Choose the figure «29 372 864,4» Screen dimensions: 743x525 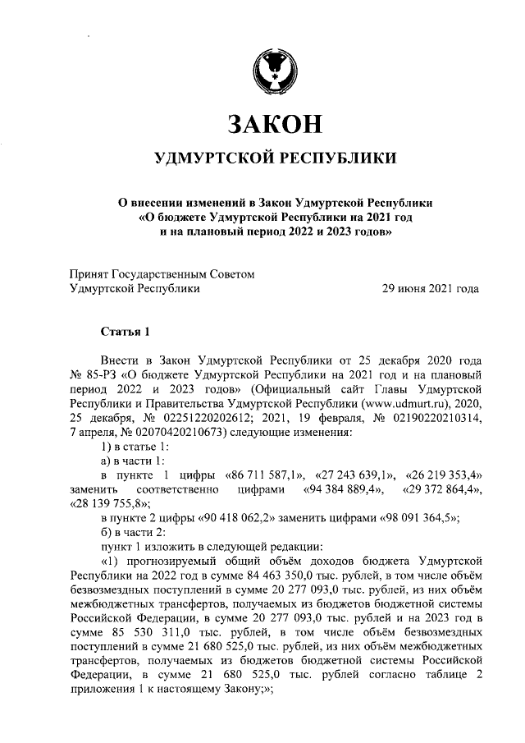[x=441, y=489]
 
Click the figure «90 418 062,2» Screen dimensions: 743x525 [x=243, y=518]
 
